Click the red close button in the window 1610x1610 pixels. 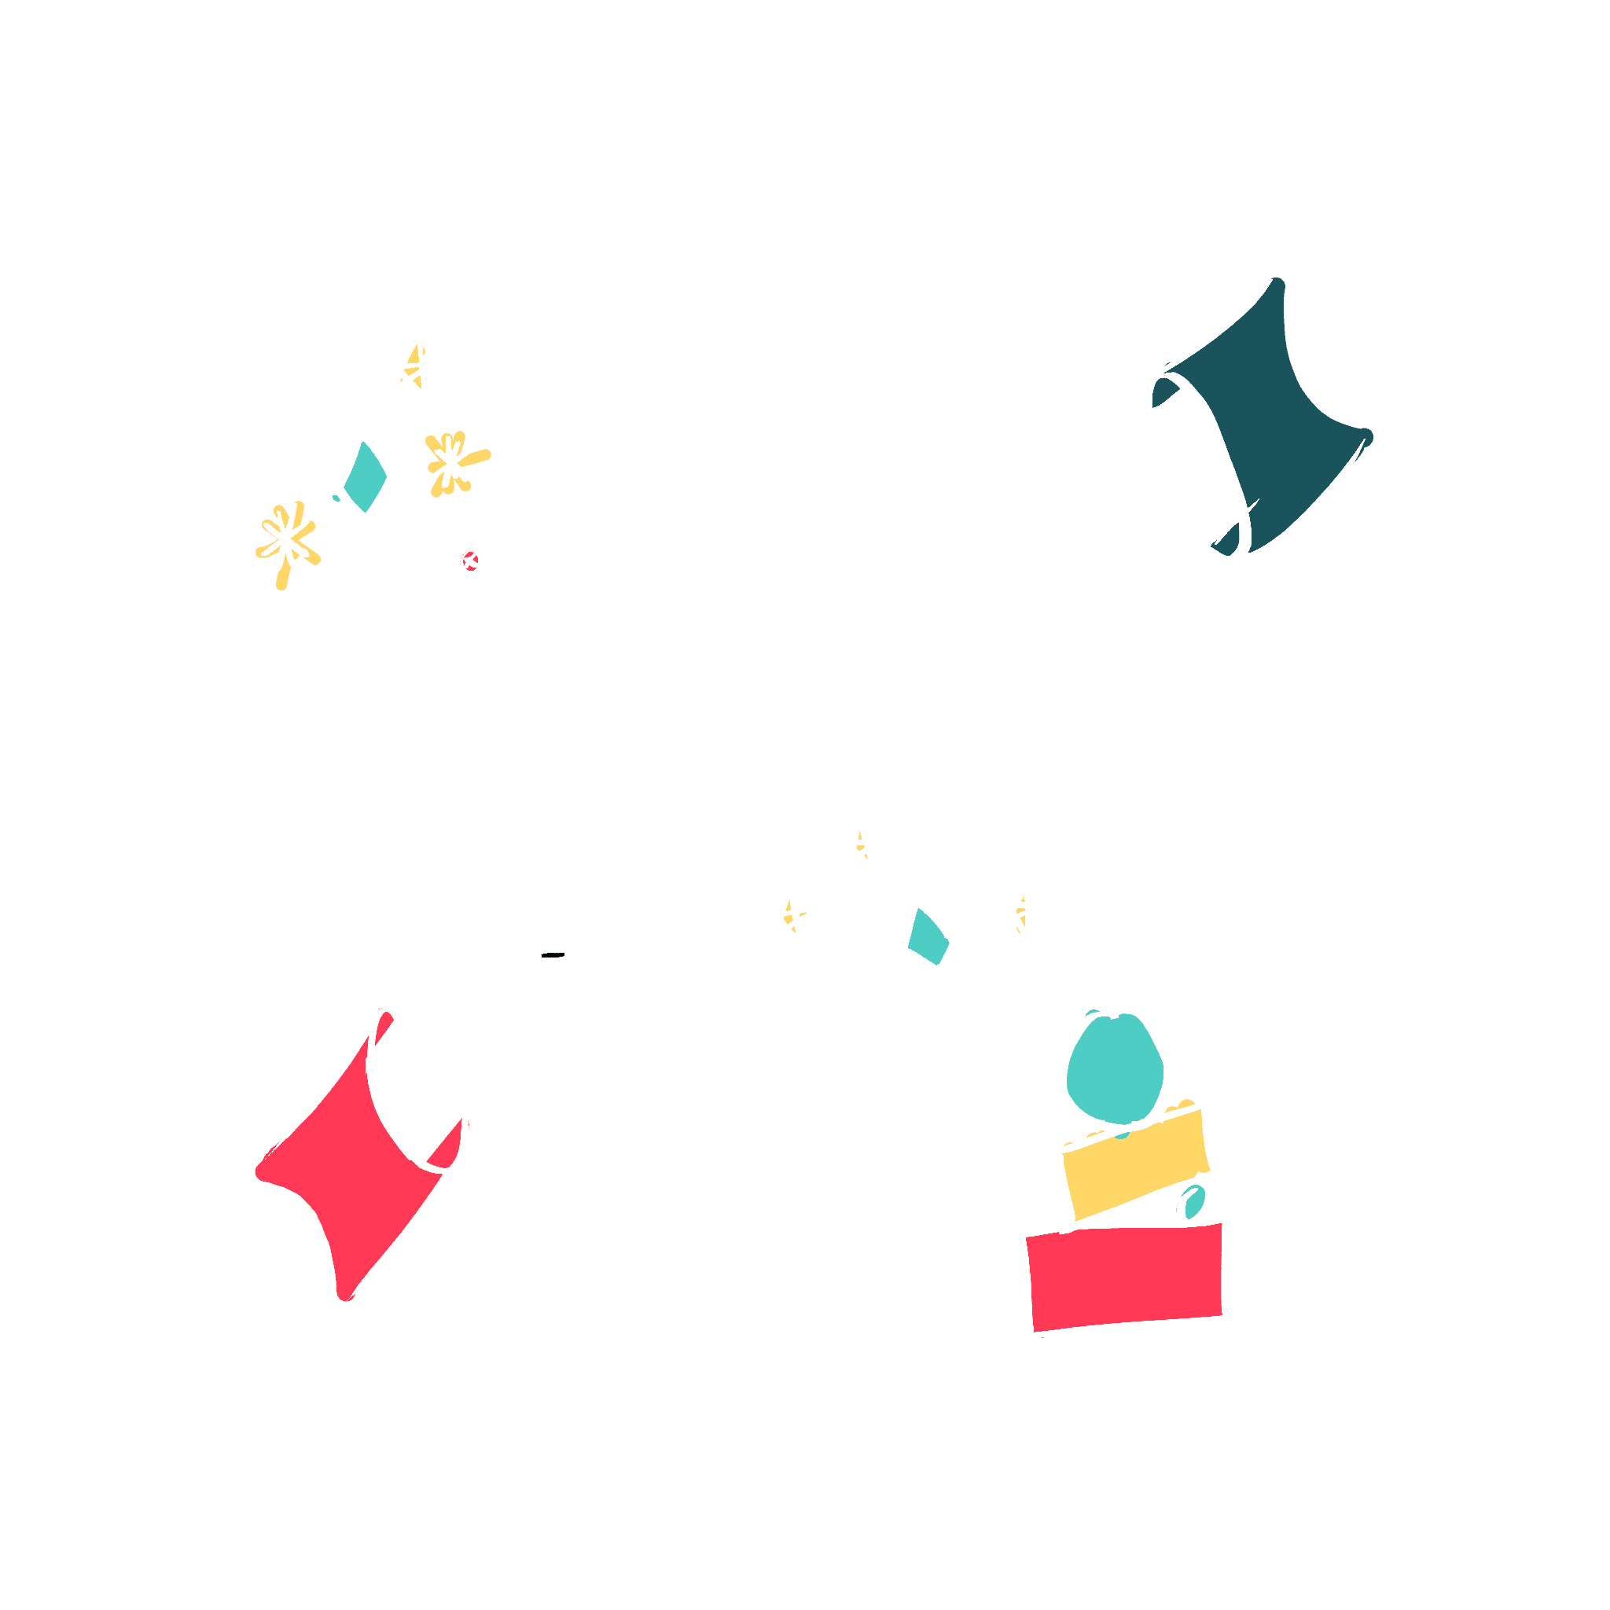click(471, 561)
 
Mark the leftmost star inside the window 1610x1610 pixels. click(788, 918)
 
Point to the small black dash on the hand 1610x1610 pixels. click(553, 955)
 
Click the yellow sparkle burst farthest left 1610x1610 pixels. click(286, 541)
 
